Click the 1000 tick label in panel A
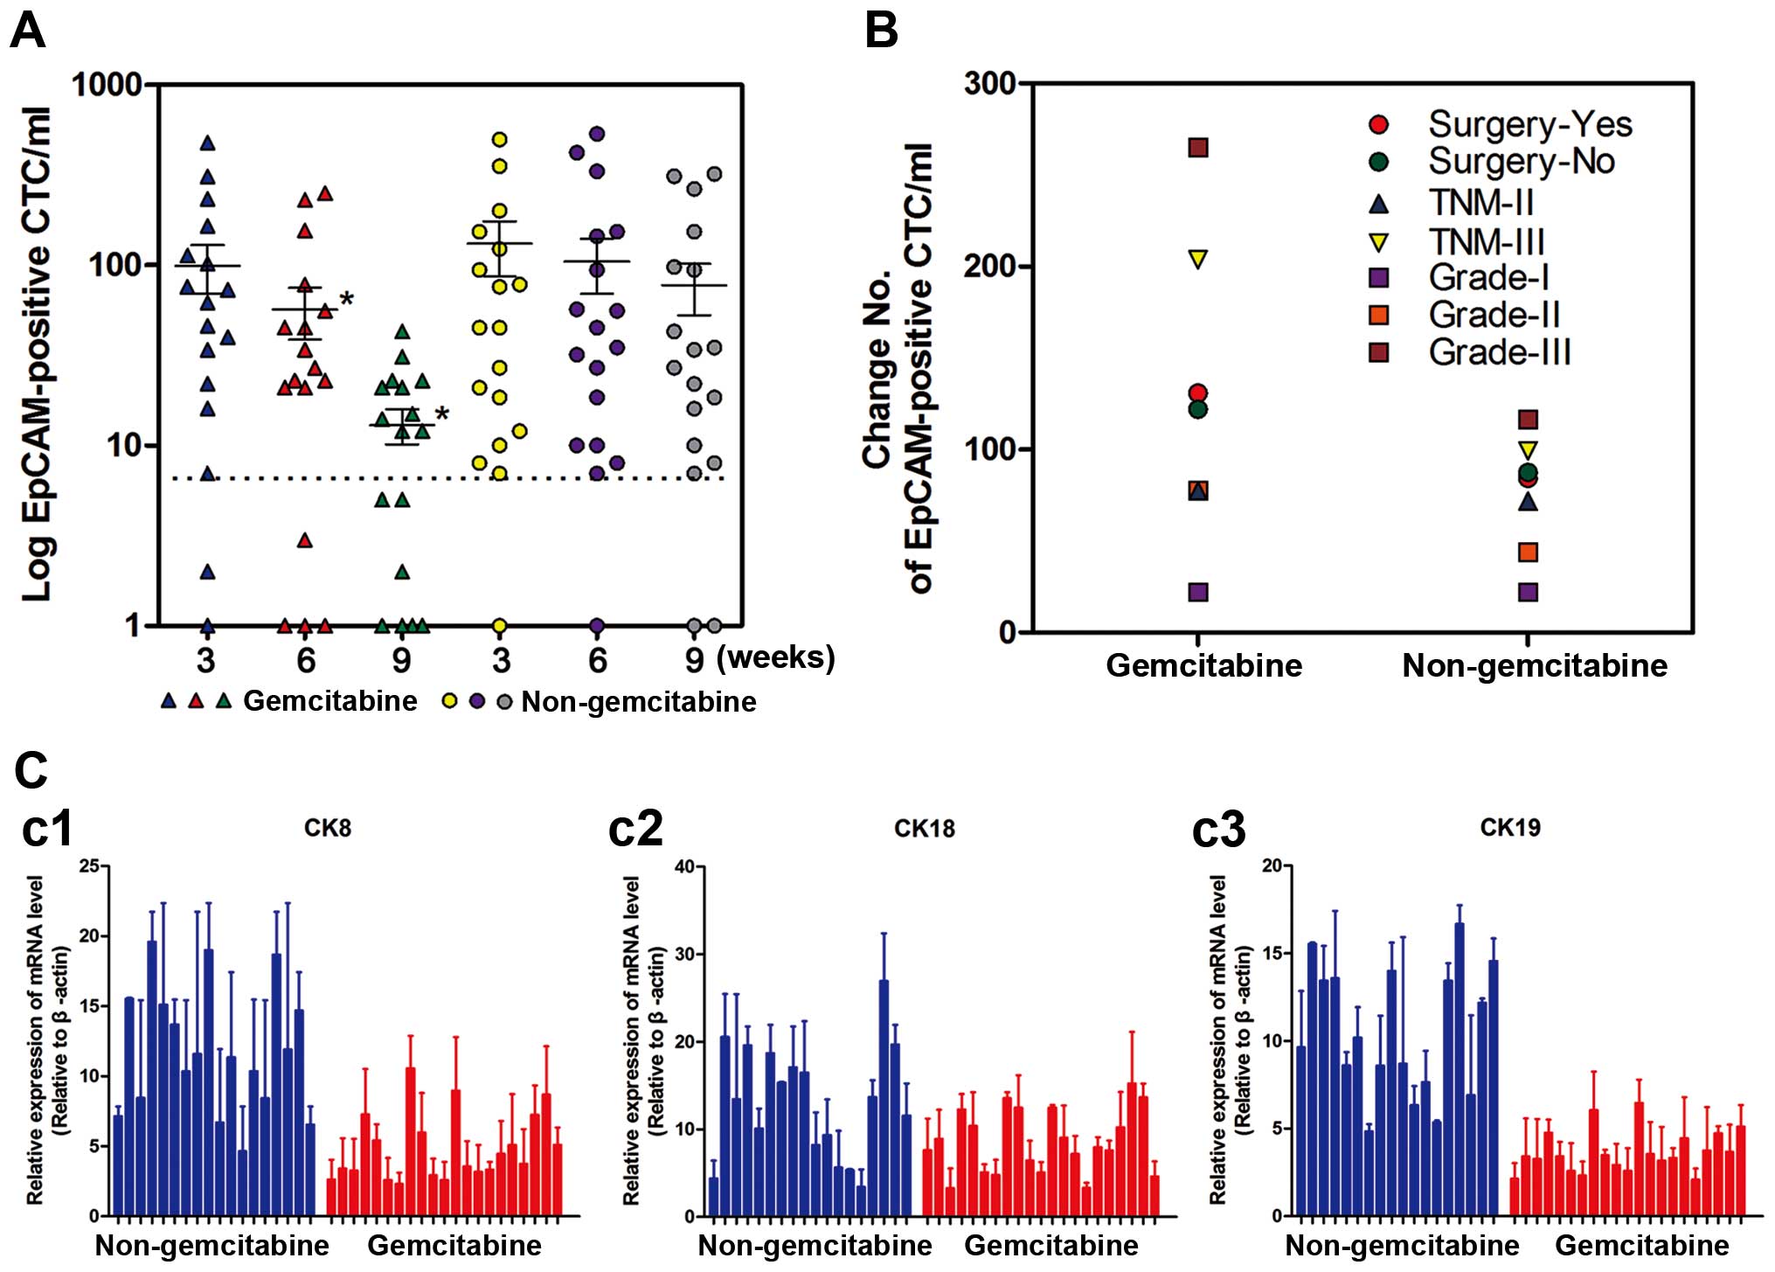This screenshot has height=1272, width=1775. point(106,85)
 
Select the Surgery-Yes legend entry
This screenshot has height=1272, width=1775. point(1529,124)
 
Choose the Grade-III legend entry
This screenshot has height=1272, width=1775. point(1499,352)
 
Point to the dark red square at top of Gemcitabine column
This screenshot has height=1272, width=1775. point(1198,147)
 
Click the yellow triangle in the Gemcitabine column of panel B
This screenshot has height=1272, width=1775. point(1198,259)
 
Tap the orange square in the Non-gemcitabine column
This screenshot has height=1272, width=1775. point(1528,552)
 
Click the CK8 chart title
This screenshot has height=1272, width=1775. point(328,827)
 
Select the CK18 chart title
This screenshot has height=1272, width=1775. point(924,828)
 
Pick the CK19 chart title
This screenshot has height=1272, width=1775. point(1510,827)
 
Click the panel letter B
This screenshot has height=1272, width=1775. point(880,32)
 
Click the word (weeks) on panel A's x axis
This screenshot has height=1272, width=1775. point(775,657)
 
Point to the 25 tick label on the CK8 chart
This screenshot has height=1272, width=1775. point(89,866)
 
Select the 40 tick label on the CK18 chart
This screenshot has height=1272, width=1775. point(683,866)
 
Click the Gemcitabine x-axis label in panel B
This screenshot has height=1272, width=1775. point(1203,665)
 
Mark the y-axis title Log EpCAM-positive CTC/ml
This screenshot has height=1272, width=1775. point(37,354)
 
